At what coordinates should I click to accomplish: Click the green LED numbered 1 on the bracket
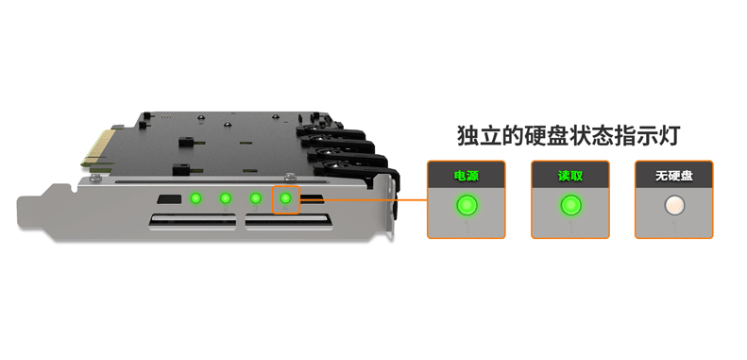[x=195, y=197]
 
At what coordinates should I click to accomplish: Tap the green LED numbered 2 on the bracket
[x=226, y=197]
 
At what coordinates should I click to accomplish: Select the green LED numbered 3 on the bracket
[x=255, y=197]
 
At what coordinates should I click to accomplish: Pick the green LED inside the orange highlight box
[x=285, y=197]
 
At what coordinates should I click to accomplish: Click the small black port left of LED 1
[x=169, y=198]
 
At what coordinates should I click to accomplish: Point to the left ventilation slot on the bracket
[x=193, y=222]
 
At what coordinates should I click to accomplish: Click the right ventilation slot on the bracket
[x=288, y=222]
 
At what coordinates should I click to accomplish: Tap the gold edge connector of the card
[x=99, y=146]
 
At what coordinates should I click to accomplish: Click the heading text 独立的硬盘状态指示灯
[x=568, y=136]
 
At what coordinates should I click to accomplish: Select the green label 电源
[x=466, y=176]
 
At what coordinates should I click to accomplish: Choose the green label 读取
[x=570, y=176]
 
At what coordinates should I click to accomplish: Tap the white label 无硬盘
[x=673, y=176]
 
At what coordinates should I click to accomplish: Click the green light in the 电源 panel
[x=467, y=205]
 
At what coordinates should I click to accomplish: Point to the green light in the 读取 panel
[x=570, y=205]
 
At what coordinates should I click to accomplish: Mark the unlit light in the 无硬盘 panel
[x=674, y=205]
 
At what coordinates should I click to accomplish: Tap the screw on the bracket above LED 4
[x=288, y=177]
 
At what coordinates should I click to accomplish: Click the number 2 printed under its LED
[x=226, y=209]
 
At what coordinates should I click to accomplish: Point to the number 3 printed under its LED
[x=255, y=209]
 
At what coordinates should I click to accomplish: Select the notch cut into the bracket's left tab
[x=74, y=189]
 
